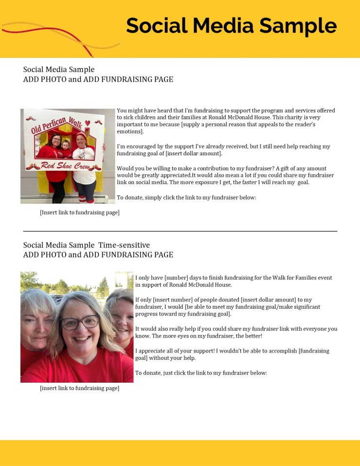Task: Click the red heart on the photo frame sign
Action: coord(87,123)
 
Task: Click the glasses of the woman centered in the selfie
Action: coord(80,322)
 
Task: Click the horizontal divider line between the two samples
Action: coord(180,231)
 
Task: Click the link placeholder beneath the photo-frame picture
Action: coord(79,212)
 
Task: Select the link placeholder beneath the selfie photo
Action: coord(79,388)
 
